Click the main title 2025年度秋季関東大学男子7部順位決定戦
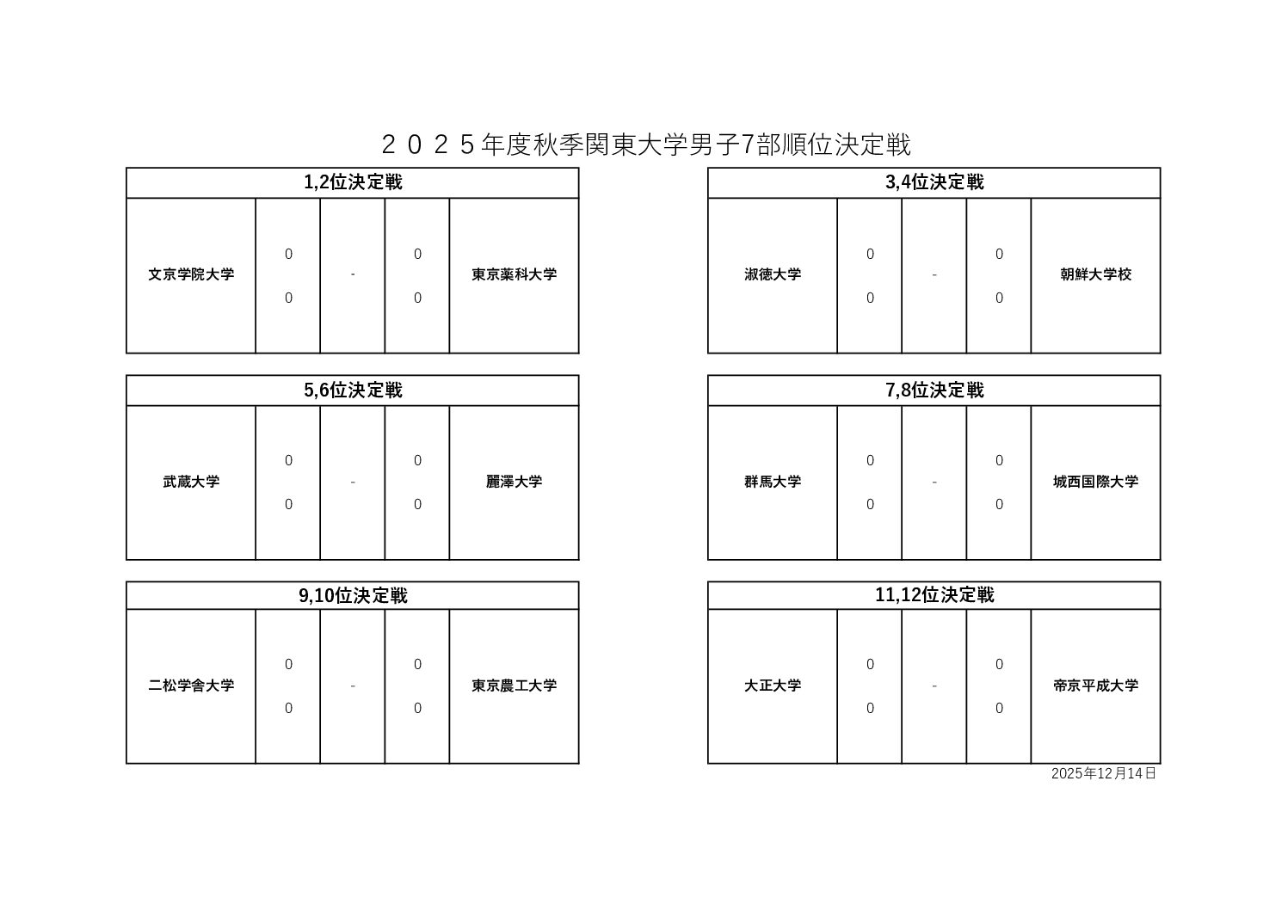click(x=644, y=144)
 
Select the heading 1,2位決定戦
click(x=353, y=182)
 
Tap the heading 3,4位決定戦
click(x=934, y=182)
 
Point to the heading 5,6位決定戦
click(x=353, y=390)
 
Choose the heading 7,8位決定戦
click(x=934, y=390)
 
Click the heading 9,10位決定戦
click(x=353, y=596)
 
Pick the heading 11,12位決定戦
click(x=934, y=595)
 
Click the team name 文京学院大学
click(x=191, y=274)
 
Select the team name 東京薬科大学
click(x=514, y=274)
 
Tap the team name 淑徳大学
click(x=773, y=274)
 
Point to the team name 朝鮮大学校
click(x=1095, y=274)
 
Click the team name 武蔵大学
click(x=191, y=482)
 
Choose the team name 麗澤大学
click(x=514, y=482)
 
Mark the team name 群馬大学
click(x=773, y=482)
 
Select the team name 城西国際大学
click(x=1095, y=482)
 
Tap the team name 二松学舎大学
click(x=191, y=686)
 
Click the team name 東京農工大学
click(x=514, y=686)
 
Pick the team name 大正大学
click(x=773, y=686)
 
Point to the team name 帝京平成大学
click(x=1095, y=686)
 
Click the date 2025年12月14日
click(x=1103, y=773)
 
